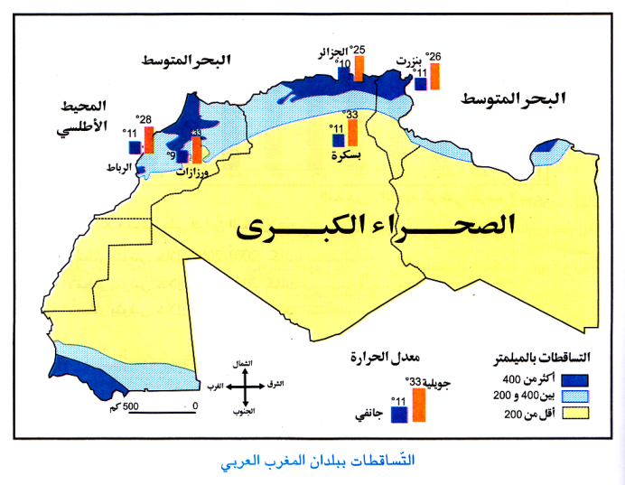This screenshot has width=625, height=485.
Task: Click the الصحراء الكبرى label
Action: click(x=375, y=225)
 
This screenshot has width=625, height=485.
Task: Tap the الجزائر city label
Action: click(x=333, y=52)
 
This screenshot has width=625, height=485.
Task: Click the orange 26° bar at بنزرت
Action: click(x=434, y=75)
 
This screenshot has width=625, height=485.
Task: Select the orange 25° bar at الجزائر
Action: click(x=359, y=68)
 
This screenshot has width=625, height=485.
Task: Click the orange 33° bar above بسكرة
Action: click(x=352, y=132)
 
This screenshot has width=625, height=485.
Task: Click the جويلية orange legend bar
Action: click(x=417, y=403)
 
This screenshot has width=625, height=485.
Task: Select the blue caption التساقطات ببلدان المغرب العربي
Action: click(x=312, y=461)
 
